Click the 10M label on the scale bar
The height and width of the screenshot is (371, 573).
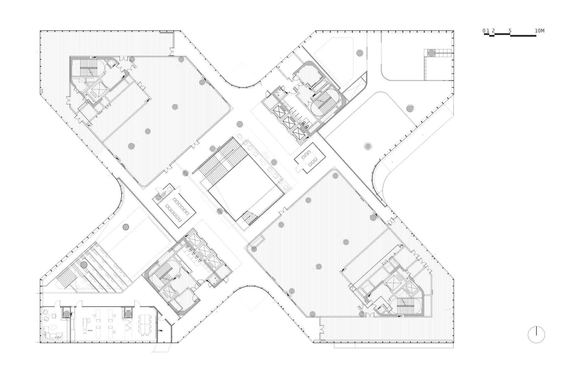[539, 31]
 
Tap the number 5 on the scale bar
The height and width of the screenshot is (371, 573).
[510, 31]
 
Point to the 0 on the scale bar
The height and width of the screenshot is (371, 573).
[484, 31]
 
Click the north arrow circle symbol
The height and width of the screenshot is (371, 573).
[536, 335]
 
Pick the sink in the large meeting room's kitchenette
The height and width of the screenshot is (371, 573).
[164, 194]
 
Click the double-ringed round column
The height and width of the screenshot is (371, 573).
[367, 146]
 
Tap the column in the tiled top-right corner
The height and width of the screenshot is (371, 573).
[431, 53]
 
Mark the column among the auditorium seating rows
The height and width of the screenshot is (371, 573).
[84, 265]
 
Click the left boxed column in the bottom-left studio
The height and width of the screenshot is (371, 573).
[66, 314]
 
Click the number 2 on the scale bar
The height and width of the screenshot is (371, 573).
[493, 31]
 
